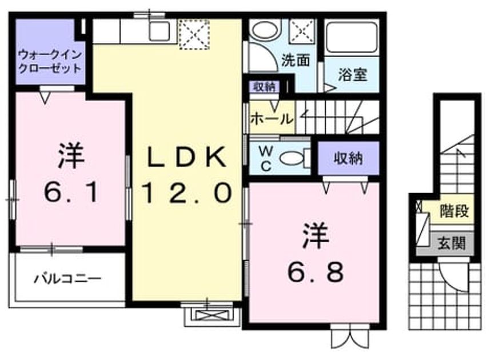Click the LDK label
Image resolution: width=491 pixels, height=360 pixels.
[x=187, y=157]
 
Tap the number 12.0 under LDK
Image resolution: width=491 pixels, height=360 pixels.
[x=187, y=193]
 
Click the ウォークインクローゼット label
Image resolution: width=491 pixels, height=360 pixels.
[x=50, y=62]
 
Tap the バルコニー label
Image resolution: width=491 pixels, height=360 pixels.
[x=67, y=279]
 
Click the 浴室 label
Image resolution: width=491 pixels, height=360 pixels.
[x=352, y=74]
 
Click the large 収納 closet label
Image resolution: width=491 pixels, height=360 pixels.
[x=348, y=158]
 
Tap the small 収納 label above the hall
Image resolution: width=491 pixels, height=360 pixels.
[x=264, y=87]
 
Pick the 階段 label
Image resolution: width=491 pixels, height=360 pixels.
[x=454, y=211]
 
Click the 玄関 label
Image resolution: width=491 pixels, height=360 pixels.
[x=451, y=243]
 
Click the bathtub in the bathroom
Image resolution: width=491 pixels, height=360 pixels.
[x=352, y=37]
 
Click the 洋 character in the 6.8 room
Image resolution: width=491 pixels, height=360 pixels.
[x=316, y=237]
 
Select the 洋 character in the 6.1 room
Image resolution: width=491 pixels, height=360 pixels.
[x=71, y=156]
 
